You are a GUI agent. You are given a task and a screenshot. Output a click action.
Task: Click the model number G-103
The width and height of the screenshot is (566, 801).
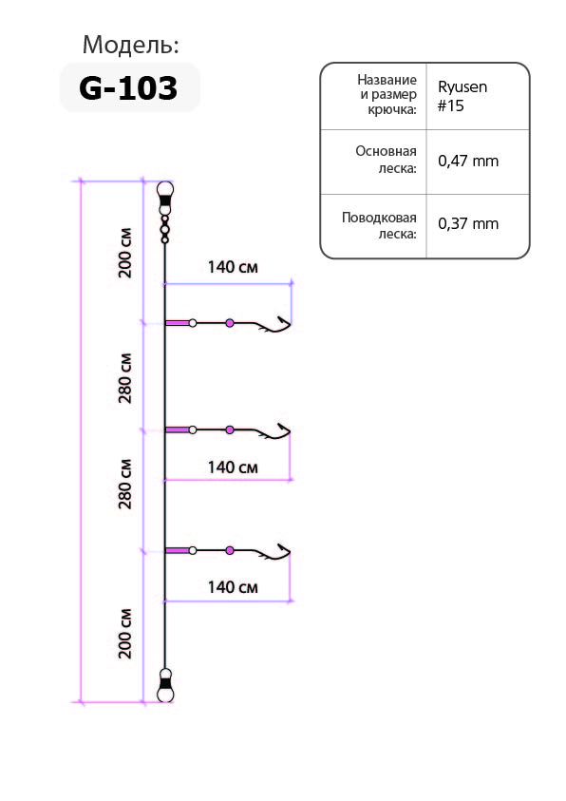tap(128, 87)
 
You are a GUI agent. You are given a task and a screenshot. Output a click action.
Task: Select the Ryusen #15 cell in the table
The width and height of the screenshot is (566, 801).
tap(462, 96)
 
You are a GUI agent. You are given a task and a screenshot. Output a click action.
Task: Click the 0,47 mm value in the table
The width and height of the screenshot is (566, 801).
tap(468, 161)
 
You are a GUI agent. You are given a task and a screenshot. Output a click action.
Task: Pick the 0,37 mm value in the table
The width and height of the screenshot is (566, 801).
tap(468, 223)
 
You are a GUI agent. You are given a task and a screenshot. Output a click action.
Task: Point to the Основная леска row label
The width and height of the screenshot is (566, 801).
tap(387, 160)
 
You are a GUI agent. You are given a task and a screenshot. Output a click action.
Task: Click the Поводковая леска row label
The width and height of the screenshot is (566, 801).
tap(379, 225)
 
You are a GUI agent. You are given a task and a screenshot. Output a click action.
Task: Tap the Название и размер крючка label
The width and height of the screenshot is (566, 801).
tap(387, 94)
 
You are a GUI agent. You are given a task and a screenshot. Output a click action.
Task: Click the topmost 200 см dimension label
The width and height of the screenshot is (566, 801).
tap(125, 253)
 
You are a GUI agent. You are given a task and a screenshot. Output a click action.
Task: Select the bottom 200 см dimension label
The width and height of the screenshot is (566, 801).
tap(125, 634)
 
